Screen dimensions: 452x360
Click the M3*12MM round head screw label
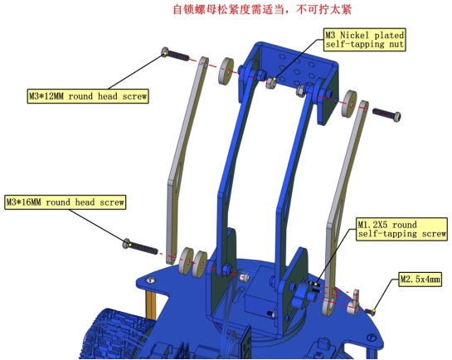click(88, 96)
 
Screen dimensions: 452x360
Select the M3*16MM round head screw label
click(66, 202)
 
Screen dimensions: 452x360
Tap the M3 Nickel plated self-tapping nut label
click(365, 40)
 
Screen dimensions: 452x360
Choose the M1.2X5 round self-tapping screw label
click(402, 230)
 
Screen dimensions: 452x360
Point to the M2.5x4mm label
click(420, 279)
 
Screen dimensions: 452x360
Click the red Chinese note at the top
click(262, 9)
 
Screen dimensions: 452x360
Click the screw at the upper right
click(386, 114)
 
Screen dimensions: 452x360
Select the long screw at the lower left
click(140, 246)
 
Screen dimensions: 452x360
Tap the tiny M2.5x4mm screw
click(370, 311)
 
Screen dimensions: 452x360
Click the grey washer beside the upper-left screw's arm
click(226, 71)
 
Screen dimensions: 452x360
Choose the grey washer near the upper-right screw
click(349, 104)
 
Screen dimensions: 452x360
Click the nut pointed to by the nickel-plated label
click(271, 83)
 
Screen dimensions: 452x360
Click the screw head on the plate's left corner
click(150, 280)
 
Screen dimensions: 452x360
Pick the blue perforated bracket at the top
click(289, 78)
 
